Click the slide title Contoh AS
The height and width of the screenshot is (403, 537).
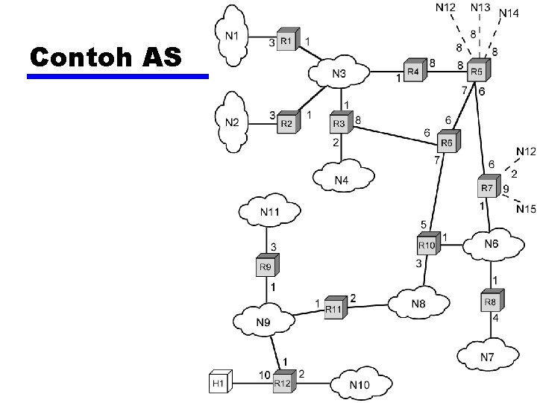[105, 56]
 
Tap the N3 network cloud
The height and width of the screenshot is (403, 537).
[340, 73]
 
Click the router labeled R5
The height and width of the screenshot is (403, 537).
[476, 71]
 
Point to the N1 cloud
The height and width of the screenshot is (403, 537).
[233, 34]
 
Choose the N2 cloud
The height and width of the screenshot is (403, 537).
[233, 121]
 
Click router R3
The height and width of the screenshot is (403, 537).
[340, 122]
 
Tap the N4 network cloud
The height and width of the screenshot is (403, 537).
[342, 179]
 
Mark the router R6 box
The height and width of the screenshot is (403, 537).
[447, 142]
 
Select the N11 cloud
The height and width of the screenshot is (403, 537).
[270, 213]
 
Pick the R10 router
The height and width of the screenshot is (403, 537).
[427, 245]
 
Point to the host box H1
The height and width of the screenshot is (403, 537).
[218, 383]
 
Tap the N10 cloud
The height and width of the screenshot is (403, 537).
[359, 384]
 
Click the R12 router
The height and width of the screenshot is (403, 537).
[283, 382]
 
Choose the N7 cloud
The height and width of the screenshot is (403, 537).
[487, 357]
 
